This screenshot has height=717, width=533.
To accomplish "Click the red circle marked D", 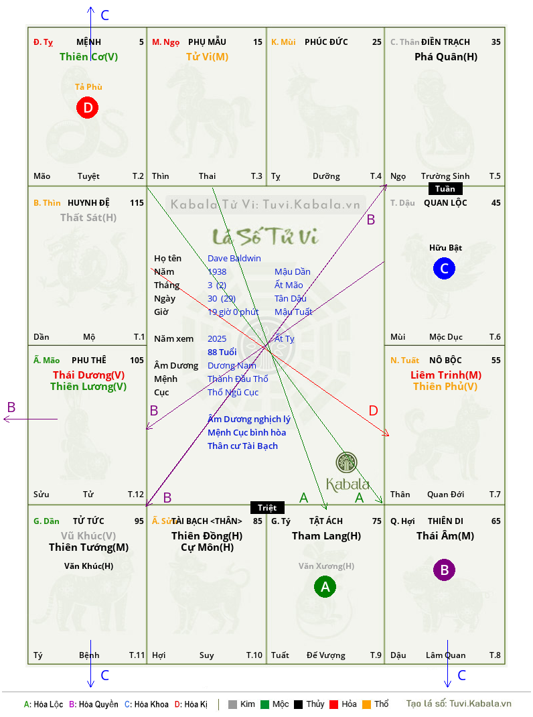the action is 87,107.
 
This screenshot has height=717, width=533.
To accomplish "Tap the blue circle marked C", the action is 444,269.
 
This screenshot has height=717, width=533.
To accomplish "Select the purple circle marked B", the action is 444,570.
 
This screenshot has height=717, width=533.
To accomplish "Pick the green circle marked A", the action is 325,587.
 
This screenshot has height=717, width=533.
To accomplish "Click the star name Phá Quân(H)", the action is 446,57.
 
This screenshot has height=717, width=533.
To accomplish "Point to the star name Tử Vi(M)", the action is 207,57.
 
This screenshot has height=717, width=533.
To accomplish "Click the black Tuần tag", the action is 445,189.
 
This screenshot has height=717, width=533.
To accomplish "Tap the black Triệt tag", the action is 267,507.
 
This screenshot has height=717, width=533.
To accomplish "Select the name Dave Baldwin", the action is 234,259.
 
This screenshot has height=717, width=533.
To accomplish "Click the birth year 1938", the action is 217,271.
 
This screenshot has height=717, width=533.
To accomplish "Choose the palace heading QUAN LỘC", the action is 445,202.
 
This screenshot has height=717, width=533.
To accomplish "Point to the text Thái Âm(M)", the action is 445,536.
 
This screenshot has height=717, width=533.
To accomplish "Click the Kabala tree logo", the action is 346,462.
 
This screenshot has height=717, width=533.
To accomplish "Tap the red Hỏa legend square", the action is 333,704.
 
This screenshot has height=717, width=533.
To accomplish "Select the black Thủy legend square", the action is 298,704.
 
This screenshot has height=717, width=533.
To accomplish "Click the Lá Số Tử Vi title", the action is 265,236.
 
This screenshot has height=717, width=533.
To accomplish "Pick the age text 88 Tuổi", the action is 222,352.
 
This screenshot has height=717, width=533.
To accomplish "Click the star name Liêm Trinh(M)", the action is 446,375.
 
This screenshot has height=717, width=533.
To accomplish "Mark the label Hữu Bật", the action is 445,248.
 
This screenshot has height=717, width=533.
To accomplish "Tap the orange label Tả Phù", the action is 88,87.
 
